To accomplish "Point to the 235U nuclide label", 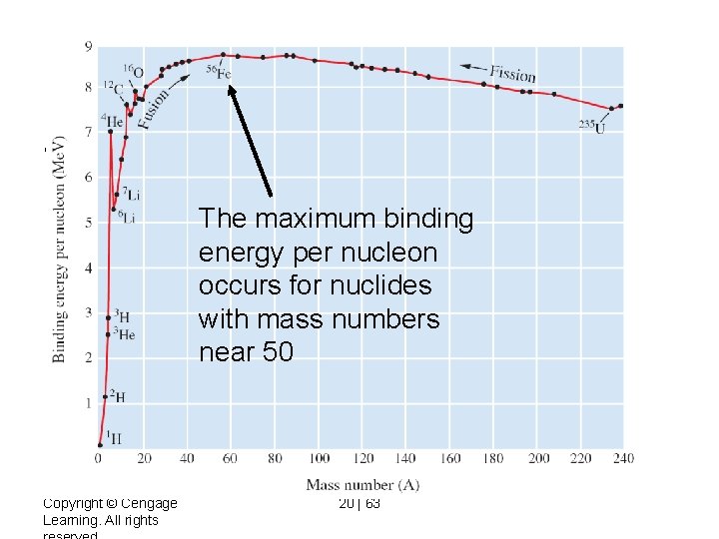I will coord(592,126).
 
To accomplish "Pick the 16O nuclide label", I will coord(133,71).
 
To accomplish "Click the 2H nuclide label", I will coord(118,396).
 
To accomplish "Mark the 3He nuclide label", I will coord(124,334).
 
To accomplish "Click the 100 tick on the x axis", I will coord(319,458).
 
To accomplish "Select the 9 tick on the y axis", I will coord(88,46).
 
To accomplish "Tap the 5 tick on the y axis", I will coord(88,223).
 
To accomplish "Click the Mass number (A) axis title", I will coord(363,485).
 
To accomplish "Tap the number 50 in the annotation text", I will coord(275,353).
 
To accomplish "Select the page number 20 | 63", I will coord(359,503).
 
